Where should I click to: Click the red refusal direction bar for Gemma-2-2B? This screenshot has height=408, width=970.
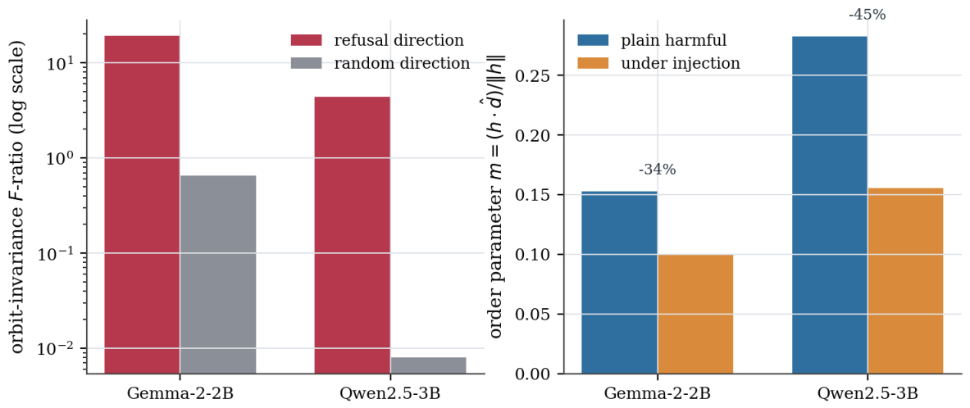coord(142,205)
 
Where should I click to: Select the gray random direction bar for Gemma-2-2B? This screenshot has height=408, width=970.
coord(218,274)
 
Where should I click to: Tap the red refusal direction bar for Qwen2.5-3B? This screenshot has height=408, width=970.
coord(352,235)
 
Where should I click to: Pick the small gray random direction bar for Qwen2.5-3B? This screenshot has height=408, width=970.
coord(428,365)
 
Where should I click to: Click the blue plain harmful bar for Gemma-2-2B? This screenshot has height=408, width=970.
coord(620,283)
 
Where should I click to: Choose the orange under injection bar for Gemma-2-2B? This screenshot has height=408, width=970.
coord(695,314)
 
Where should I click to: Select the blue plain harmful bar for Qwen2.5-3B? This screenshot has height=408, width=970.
coord(830,205)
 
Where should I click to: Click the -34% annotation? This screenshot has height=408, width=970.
coord(657,170)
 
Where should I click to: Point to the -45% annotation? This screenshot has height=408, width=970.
coord(867,14)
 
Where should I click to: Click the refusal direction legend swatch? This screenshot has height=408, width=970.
coord(306,41)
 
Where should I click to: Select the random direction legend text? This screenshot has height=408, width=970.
coord(402,63)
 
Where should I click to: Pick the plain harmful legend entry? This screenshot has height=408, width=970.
coord(652,41)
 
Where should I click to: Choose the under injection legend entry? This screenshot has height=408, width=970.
coord(658,63)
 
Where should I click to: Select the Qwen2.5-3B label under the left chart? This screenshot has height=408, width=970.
coord(390,392)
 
